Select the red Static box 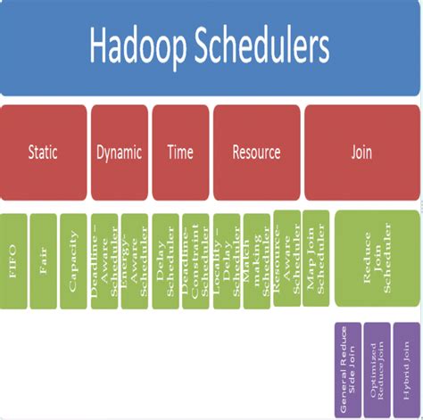pos(43,152)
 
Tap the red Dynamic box pos(119,152)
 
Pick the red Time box pos(179,152)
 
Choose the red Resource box pos(256,152)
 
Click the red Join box pos(361,152)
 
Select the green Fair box pos(43,259)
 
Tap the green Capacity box pos(73,259)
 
